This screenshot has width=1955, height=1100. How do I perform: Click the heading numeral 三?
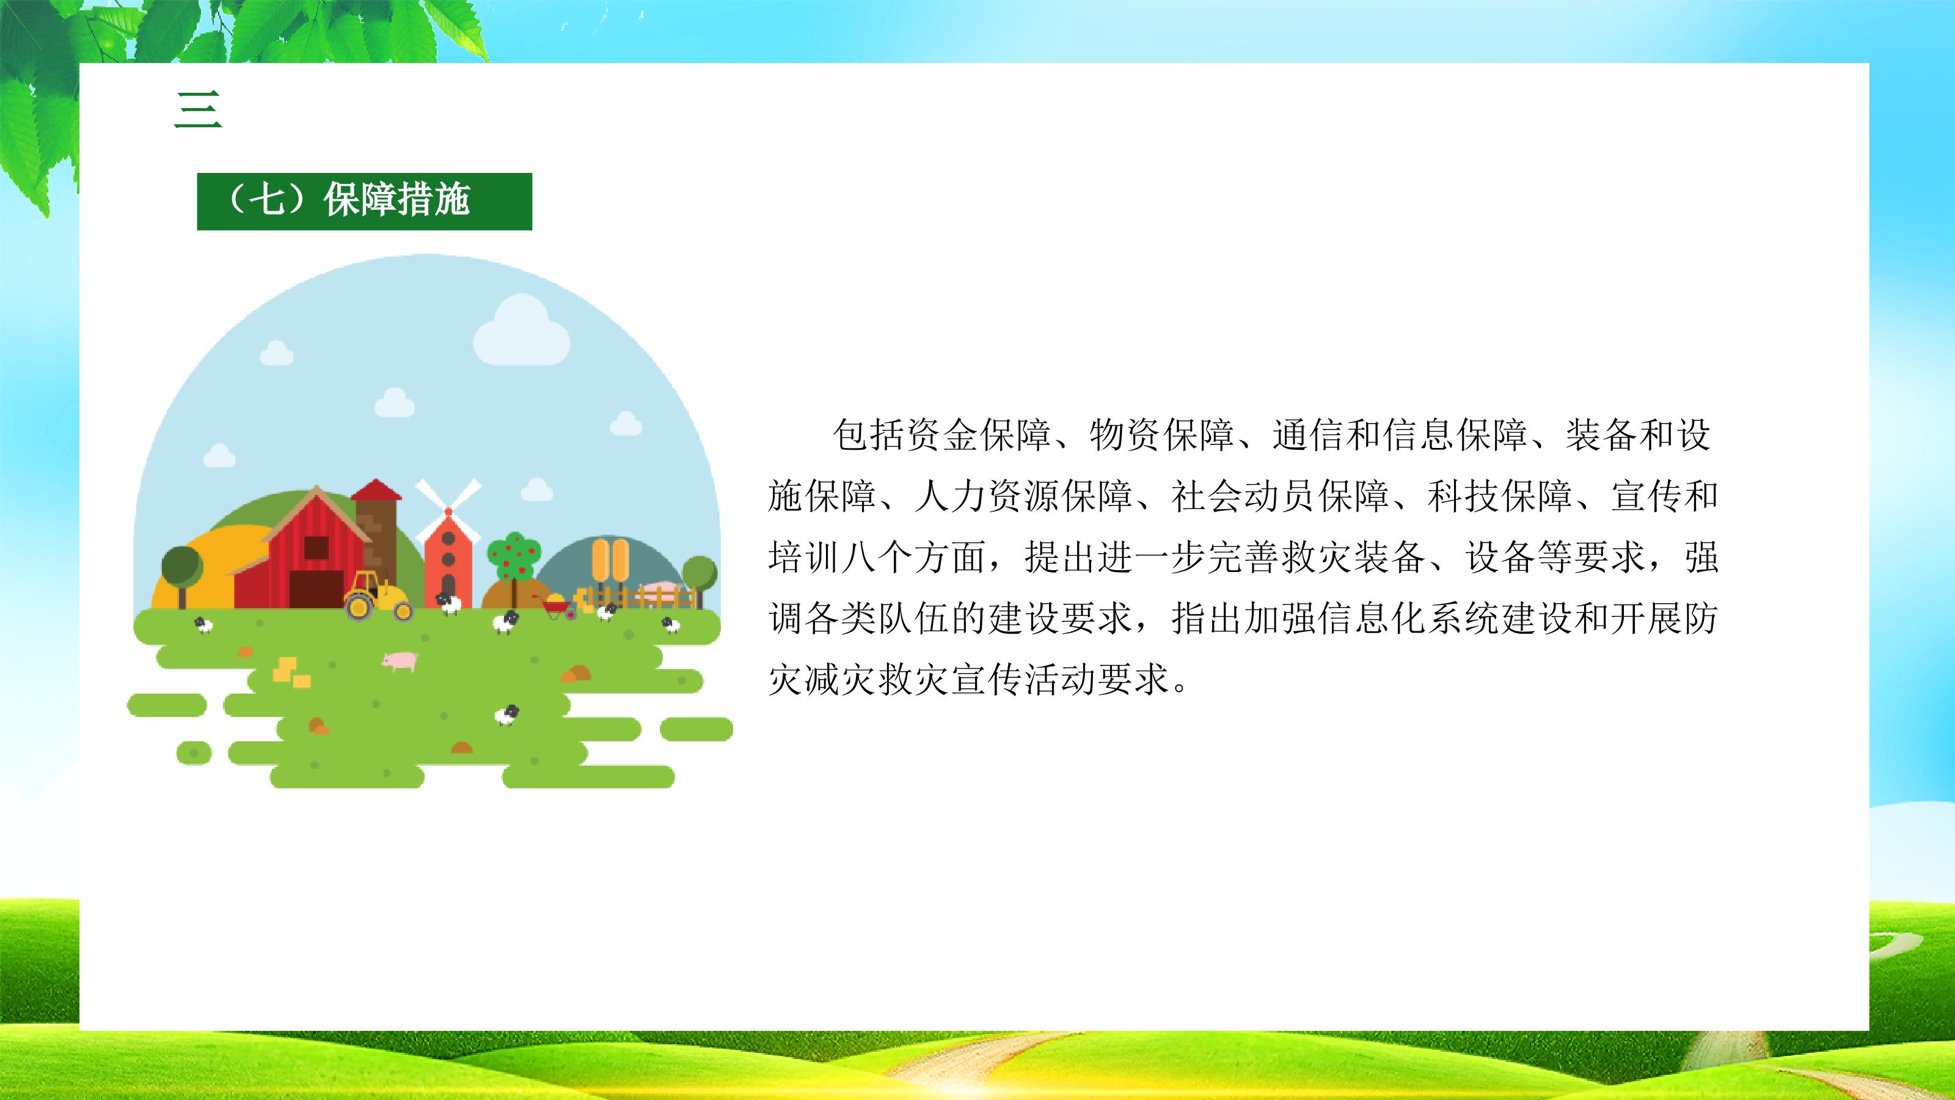tap(198, 109)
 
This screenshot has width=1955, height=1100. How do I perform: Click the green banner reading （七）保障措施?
tap(364, 201)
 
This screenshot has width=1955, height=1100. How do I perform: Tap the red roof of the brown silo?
tap(376, 490)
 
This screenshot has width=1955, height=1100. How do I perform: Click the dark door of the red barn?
tap(316, 589)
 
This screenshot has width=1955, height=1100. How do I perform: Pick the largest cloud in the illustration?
tap(521, 331)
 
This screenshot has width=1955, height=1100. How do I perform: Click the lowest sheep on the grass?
tap(507, 714)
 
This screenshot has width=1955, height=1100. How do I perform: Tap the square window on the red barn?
tap(316, 548)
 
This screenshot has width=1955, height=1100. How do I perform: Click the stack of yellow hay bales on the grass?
tap(292, 672)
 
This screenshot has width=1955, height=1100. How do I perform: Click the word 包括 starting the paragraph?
tap(868, 436)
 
